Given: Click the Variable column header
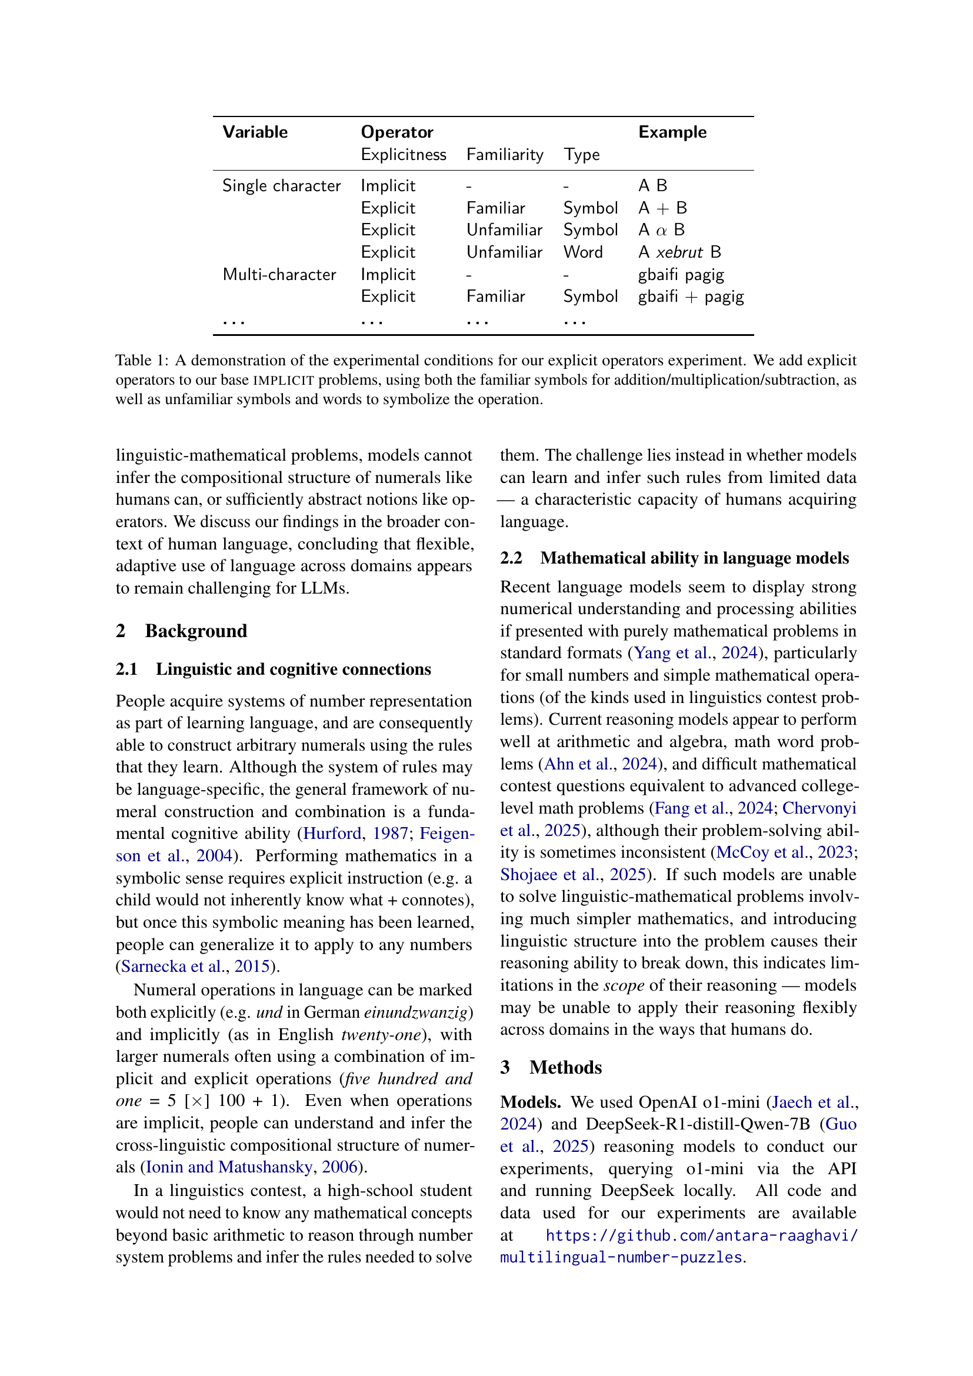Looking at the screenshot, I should click(x=255, y=132).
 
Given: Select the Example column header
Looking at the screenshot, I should click(x=672, y=132).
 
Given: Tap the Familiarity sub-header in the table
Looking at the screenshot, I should click(x=505, y=155).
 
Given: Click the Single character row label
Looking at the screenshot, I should click(x=281, y=186).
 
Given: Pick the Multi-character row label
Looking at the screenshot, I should click(x=279, y=275).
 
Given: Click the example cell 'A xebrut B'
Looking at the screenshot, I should click(x=679, y=252).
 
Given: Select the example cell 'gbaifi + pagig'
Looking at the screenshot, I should click(x=690, y=296).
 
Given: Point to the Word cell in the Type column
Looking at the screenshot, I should click(x=582, y=252).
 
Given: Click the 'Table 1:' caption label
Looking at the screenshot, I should click(x=142, y=360).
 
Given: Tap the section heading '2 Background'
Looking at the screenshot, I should click(x=181, y=631).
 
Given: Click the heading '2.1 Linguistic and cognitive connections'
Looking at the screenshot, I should click(x=273, y=669).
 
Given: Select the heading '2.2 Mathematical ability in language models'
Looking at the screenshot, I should click(x=674, y=558).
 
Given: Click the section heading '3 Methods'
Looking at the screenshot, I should click(x=551, y=1067).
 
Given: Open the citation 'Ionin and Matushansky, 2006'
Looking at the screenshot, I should click(x=252, y=1167).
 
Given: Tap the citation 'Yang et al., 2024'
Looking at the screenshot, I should click(x=695, y=652).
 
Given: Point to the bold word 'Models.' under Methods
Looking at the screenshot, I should click(x=530, y=1102).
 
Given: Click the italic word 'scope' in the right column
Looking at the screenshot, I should click(x=623, y=985).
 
